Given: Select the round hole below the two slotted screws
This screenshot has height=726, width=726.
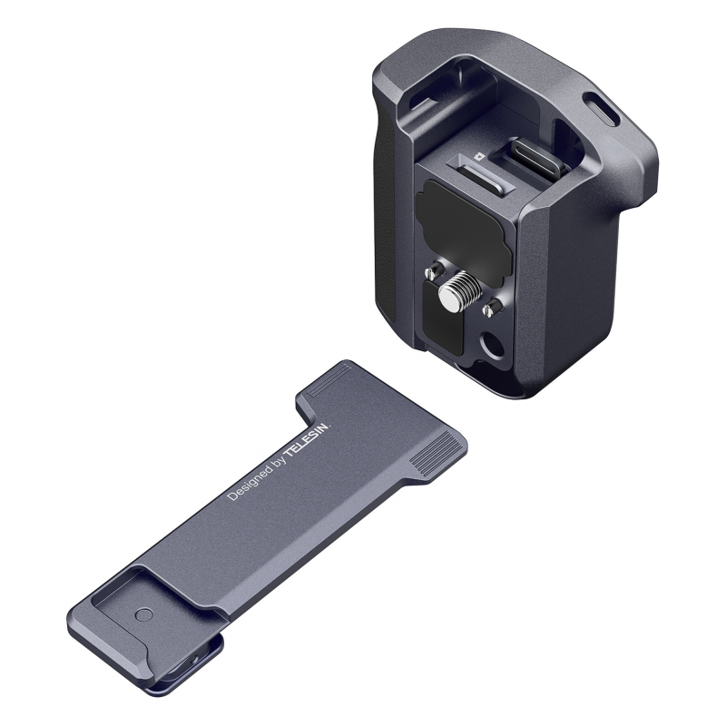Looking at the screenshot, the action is pyautogui.click(x=491, y=344).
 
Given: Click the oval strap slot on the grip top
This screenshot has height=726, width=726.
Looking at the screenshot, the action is pyautogui.click(x=601, y=108).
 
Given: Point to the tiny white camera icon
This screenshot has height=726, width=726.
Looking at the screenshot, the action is pyautogui.click(x=479, y=156).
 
